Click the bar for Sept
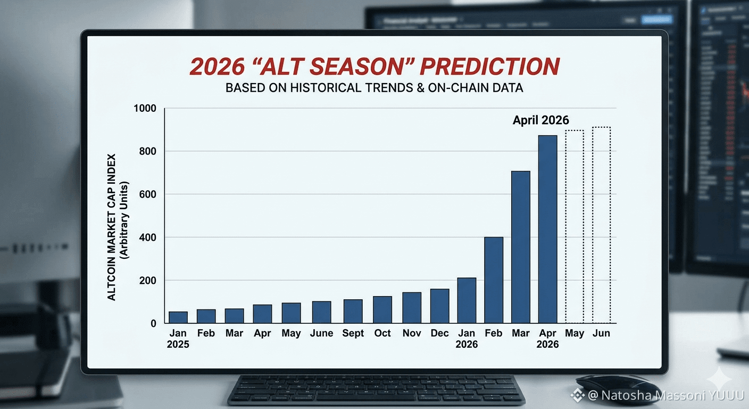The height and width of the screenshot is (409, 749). (353, 311)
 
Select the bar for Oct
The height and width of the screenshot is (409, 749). (382, 309)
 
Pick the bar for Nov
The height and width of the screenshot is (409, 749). (412, 308)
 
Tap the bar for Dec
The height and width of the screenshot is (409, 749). (440, 306)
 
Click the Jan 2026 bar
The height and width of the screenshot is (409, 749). (467, 300)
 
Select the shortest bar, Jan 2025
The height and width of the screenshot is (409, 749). (178, 317)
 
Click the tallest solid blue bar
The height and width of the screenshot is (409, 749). (548, 230)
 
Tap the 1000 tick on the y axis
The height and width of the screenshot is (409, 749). (145, 109)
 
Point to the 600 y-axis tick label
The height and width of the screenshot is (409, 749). (147, 194)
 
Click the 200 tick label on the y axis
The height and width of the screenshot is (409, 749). (147, 281)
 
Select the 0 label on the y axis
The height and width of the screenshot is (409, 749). (154, 323)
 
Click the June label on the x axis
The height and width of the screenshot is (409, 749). (322, 333)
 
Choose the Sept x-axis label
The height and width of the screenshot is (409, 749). (353, 333)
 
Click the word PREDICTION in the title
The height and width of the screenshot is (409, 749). (489, 66)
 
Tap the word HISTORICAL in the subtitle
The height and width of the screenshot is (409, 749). (326, 88)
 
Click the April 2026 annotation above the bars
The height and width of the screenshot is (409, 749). (540, 120)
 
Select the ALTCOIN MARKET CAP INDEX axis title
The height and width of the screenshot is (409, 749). (111, 227)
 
